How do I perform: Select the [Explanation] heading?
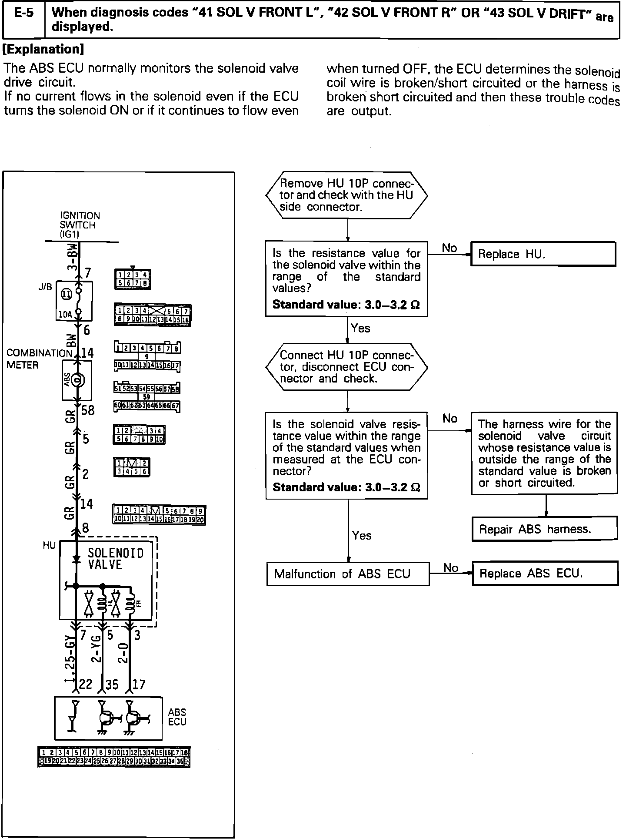tap(43, 49)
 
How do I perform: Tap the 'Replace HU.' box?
tap(543, 254)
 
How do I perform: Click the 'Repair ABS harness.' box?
tap(544, 529)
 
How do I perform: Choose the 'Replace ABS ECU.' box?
tap(545, 573)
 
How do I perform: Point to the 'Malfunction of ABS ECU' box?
tap(347, 574)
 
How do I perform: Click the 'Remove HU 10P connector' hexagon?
tap(346, 195)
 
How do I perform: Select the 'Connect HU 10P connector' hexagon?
tap(346, 367)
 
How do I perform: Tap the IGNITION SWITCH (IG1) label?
tap(80, 225)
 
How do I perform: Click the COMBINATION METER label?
tap(39, 359)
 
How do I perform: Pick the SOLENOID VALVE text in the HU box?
tap(115, 559)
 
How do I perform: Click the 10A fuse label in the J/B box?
tap(65, 314)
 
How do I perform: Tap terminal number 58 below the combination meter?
tap(87, 410)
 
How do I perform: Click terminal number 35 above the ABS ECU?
tap(112, 685)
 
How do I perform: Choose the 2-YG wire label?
tap(97, 649)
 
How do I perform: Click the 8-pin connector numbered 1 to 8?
tap(133, 279)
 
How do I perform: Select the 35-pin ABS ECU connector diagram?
tap(114, 757)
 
